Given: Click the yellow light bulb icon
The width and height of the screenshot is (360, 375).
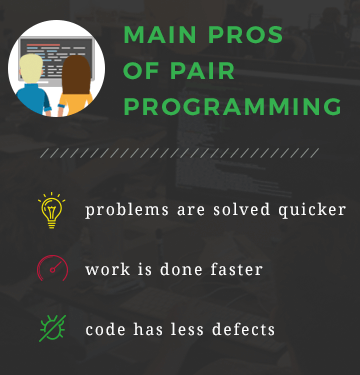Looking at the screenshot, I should (51, 211).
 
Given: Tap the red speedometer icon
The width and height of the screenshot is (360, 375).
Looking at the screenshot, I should (52, 269).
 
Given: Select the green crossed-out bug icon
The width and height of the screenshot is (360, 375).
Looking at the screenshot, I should (51, 328).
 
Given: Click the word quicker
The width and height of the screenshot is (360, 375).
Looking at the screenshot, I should (311, 211).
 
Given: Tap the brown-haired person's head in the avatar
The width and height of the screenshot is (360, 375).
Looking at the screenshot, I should (76, 72).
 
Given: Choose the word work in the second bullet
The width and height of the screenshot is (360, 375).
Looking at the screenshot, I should (106, 269).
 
